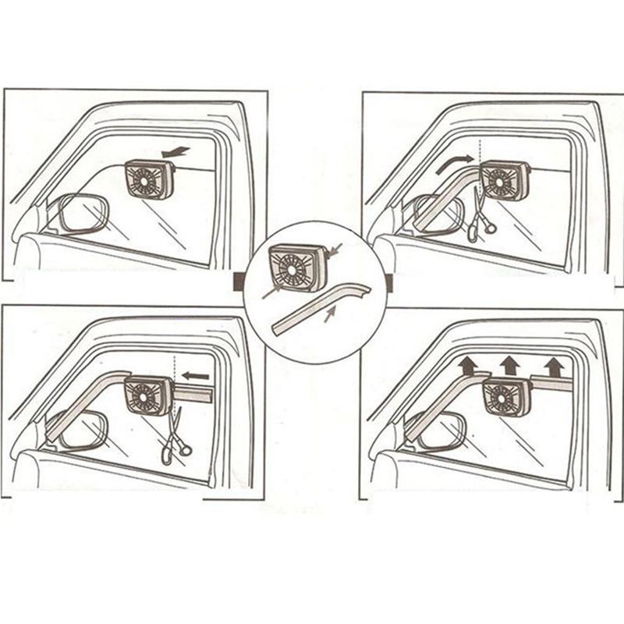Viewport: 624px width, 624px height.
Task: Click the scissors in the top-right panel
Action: click(480, 218)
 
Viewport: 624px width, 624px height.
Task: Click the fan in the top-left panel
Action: click(149, 179)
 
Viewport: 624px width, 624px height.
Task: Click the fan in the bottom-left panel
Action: click(149, 395)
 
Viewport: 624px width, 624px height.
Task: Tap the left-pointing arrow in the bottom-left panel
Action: click(197, 376)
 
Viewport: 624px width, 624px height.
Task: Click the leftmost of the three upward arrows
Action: click(467, 362)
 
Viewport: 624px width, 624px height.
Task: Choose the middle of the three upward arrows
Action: click(509, 362)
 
